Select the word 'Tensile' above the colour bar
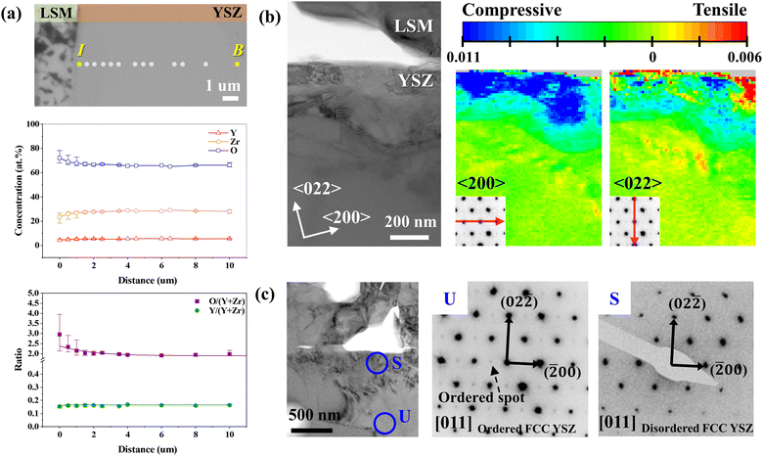pos(718,12)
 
